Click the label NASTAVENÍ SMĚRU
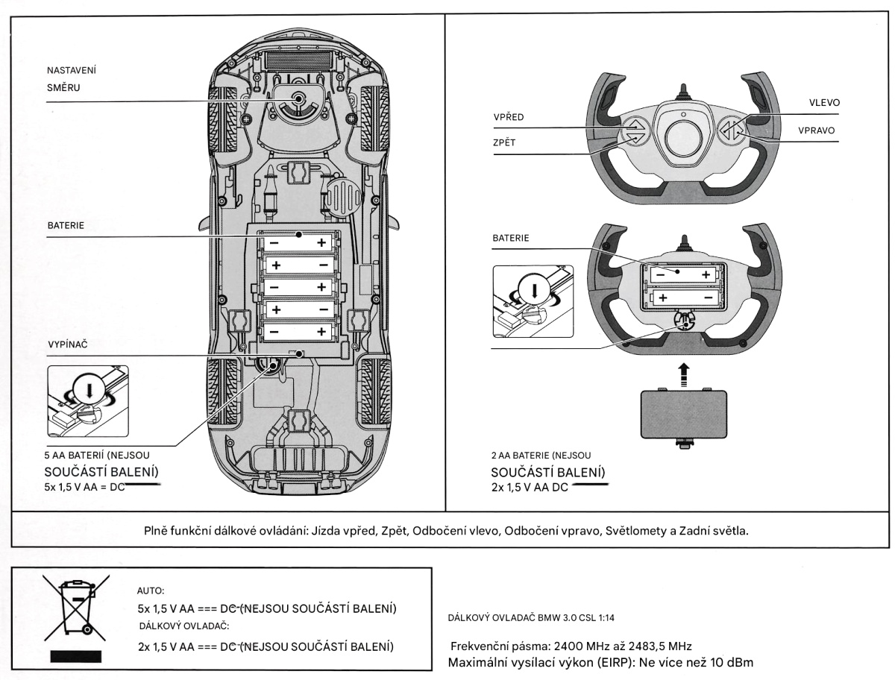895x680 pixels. pyautogui.click(x=72, y=78)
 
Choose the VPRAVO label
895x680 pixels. pyautogui.click(x=814, y=129)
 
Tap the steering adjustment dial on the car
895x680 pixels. pyautogui.click(x=299, y=101)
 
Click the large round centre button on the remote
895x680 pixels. pyautogui.click(x=682, y=138)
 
